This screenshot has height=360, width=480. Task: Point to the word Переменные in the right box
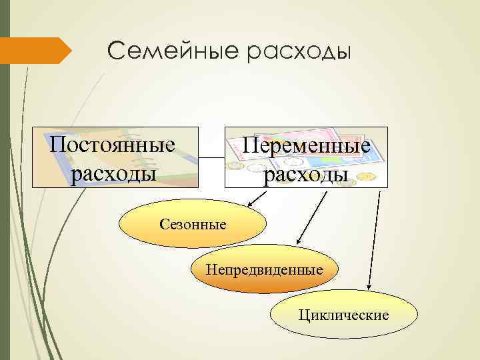(x=306, y=146)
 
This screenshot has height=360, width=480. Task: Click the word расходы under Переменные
(x=306, y=175)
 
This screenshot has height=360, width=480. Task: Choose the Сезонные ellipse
(x=193, y=224)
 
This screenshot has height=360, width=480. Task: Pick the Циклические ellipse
(x=344, y=315)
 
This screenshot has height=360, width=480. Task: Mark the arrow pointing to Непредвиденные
(x=311, y=217)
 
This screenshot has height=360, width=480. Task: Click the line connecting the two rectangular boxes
(x=212, y=158)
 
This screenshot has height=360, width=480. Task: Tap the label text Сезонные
(x=193, y=224)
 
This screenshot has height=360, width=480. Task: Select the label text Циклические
(x=344, y=315)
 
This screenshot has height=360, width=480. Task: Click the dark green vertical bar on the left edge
(x=5, y=200)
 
